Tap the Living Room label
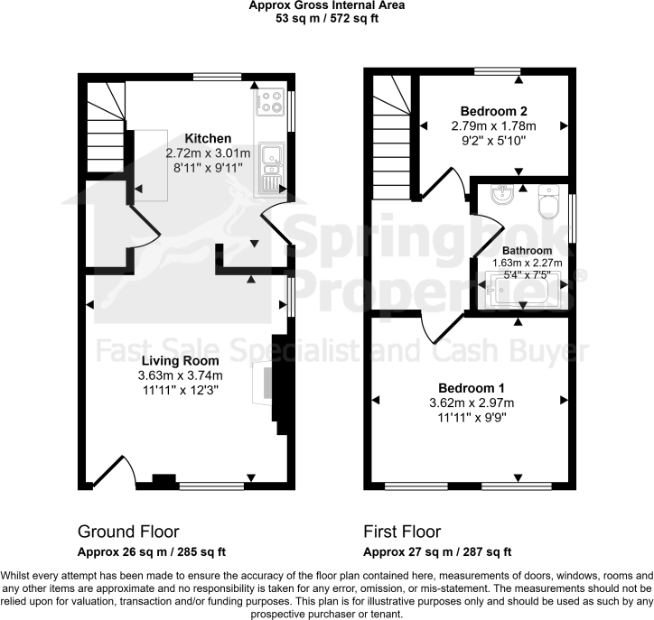[180, 361]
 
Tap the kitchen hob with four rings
[271, 103]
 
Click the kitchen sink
[270, 168]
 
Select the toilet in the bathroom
[547, 204]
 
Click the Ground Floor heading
[128, 531]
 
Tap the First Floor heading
[402, 531]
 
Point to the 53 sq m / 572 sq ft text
[326, 17]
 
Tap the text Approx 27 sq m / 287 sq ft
[436, 551]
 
